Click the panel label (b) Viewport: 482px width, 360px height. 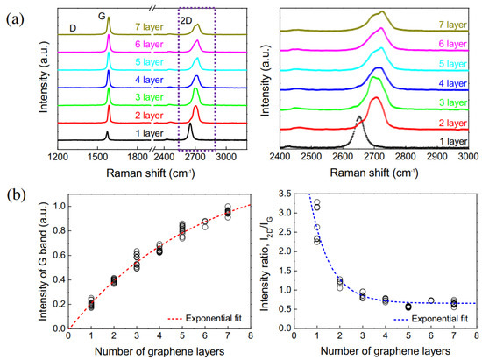(x=11, y=191)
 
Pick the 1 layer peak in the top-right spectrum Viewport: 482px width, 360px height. (x=358, y=117)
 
